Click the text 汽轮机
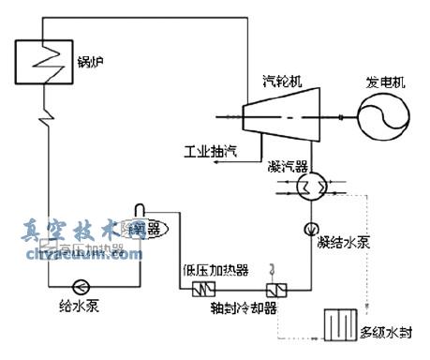[271, 82]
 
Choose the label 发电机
[386, 82]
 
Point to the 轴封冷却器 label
[245, 310]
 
